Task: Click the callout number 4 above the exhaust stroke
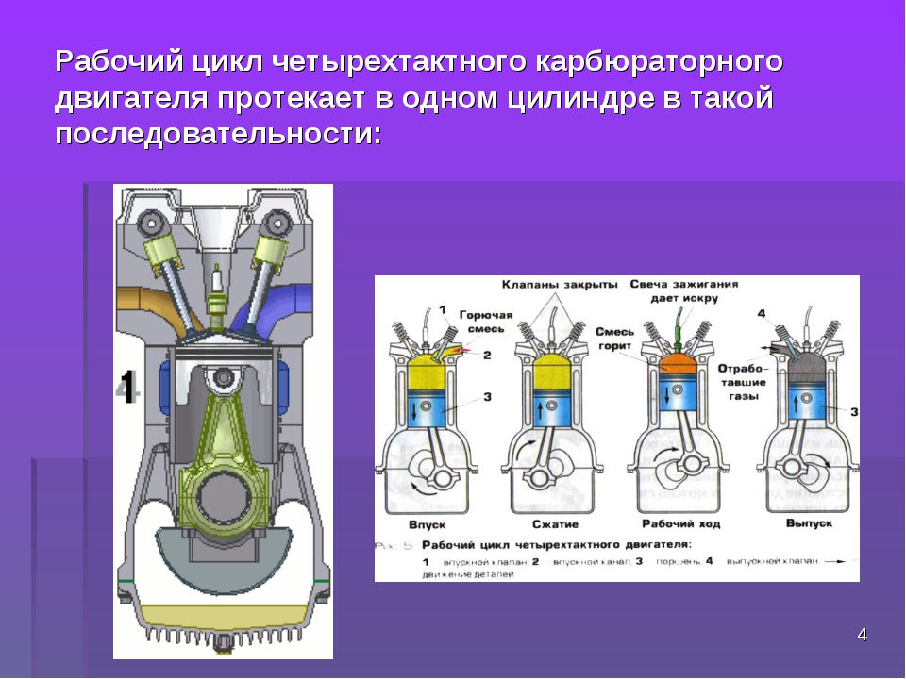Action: pos(761,313)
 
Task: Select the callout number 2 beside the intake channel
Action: pos(487,356)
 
